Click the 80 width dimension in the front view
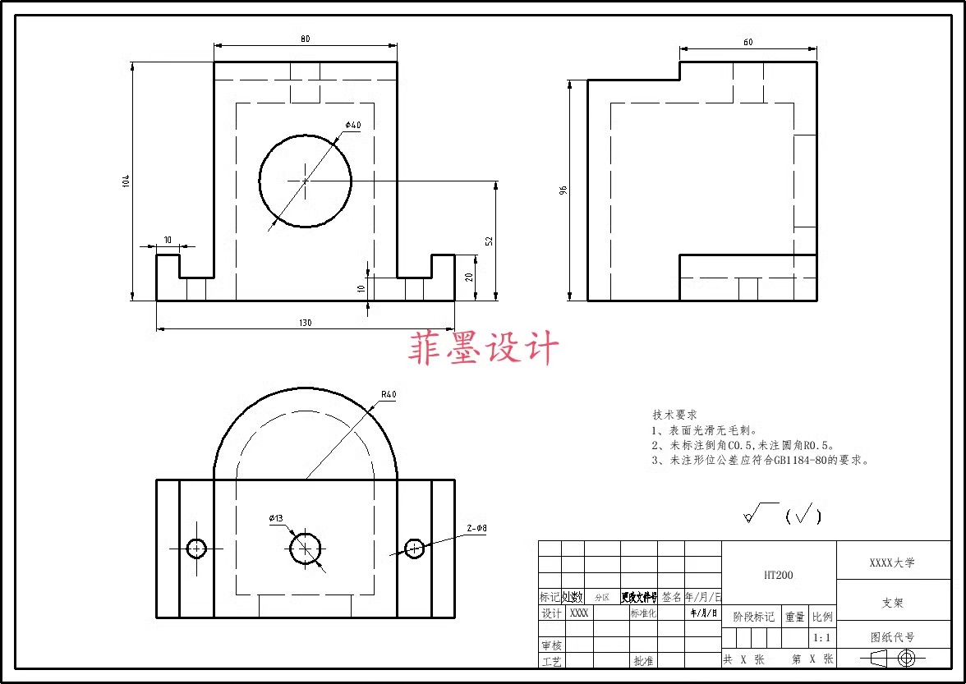(306, 39)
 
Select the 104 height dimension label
(126, 181)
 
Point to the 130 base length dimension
(306, 323)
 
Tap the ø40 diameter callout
(353, 125)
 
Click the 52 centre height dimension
(489, 241)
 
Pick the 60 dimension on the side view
(747, 42)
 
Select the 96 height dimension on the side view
(563, 190)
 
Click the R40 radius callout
(389, 394)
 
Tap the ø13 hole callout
(276, 518)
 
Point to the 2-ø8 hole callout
(476, 529)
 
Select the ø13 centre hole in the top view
(306, 548)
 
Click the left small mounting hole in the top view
(196, 548)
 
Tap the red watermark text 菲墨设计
(484, 348)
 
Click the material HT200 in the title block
(778, 576)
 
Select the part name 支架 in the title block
(892, 603)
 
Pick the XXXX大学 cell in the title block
(892, 562)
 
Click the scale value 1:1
(821, 637)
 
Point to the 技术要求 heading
(674, 415)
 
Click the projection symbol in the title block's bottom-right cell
(893, 658)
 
